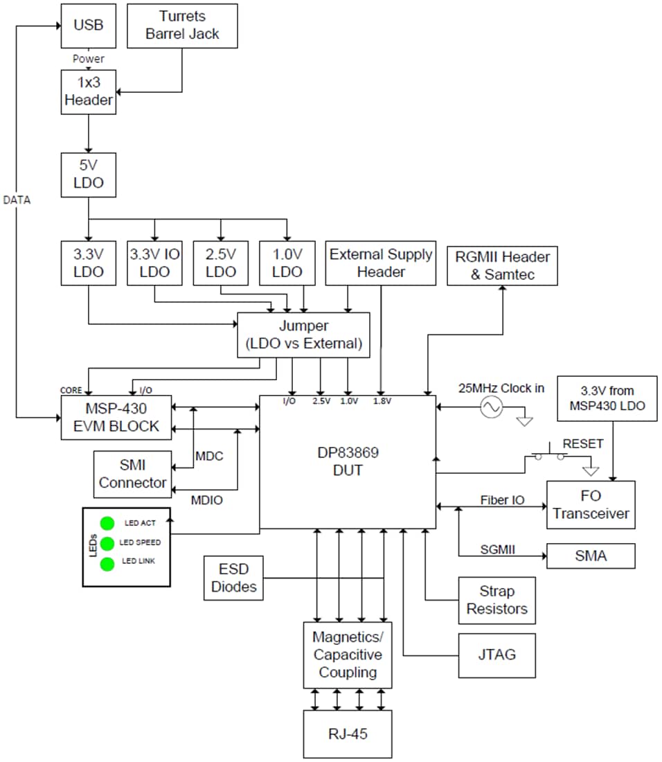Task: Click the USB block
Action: click(x=88, y=26)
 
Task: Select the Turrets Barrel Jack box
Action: click(x=183, y=26)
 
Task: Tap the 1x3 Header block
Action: click(x=88, y=91)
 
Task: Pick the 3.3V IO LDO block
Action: click(x=154, y=263)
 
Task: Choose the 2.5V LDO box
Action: click(x=221, y=263)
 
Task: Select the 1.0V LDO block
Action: click(x=287, y=263)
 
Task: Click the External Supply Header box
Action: click(x=381, y=263)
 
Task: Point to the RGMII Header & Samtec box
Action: click(x=502, y=265)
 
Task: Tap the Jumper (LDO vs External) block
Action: click(x=303, y=335)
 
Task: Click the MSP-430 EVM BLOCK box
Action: click(x=116, y=418)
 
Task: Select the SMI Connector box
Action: click(x=132, y=474)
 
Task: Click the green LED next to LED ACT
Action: click(x=107, y=523)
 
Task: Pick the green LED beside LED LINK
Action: click(x=107, y=564)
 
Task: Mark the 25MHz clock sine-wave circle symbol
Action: click(x=490, y=407)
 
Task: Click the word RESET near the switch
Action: click(x=582, y=444)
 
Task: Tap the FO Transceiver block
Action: click(x=591, y=505)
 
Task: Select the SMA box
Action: click(x=591, y=556)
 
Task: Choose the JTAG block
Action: click(x=496, y=655)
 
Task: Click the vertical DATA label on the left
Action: click(x=17, y=200)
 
